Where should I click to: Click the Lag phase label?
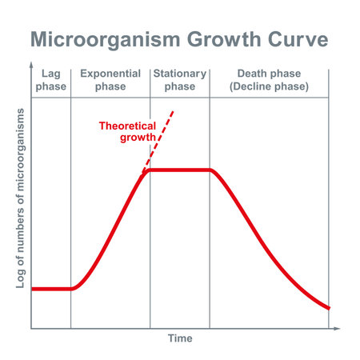pos(51,79)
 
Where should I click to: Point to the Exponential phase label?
pos(110,79)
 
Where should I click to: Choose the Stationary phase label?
pos(179,79)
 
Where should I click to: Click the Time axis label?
pos(180,338)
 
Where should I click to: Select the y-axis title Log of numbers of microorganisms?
pos(20,197)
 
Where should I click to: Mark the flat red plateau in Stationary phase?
pos(180,170)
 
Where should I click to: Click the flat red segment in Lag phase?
pos(51,289)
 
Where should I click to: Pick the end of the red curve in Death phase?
pos(328,308)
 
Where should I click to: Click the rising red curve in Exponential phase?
pos(112,233)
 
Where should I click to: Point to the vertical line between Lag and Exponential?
pos(71,200)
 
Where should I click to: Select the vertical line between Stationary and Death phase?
pos(210,240)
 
